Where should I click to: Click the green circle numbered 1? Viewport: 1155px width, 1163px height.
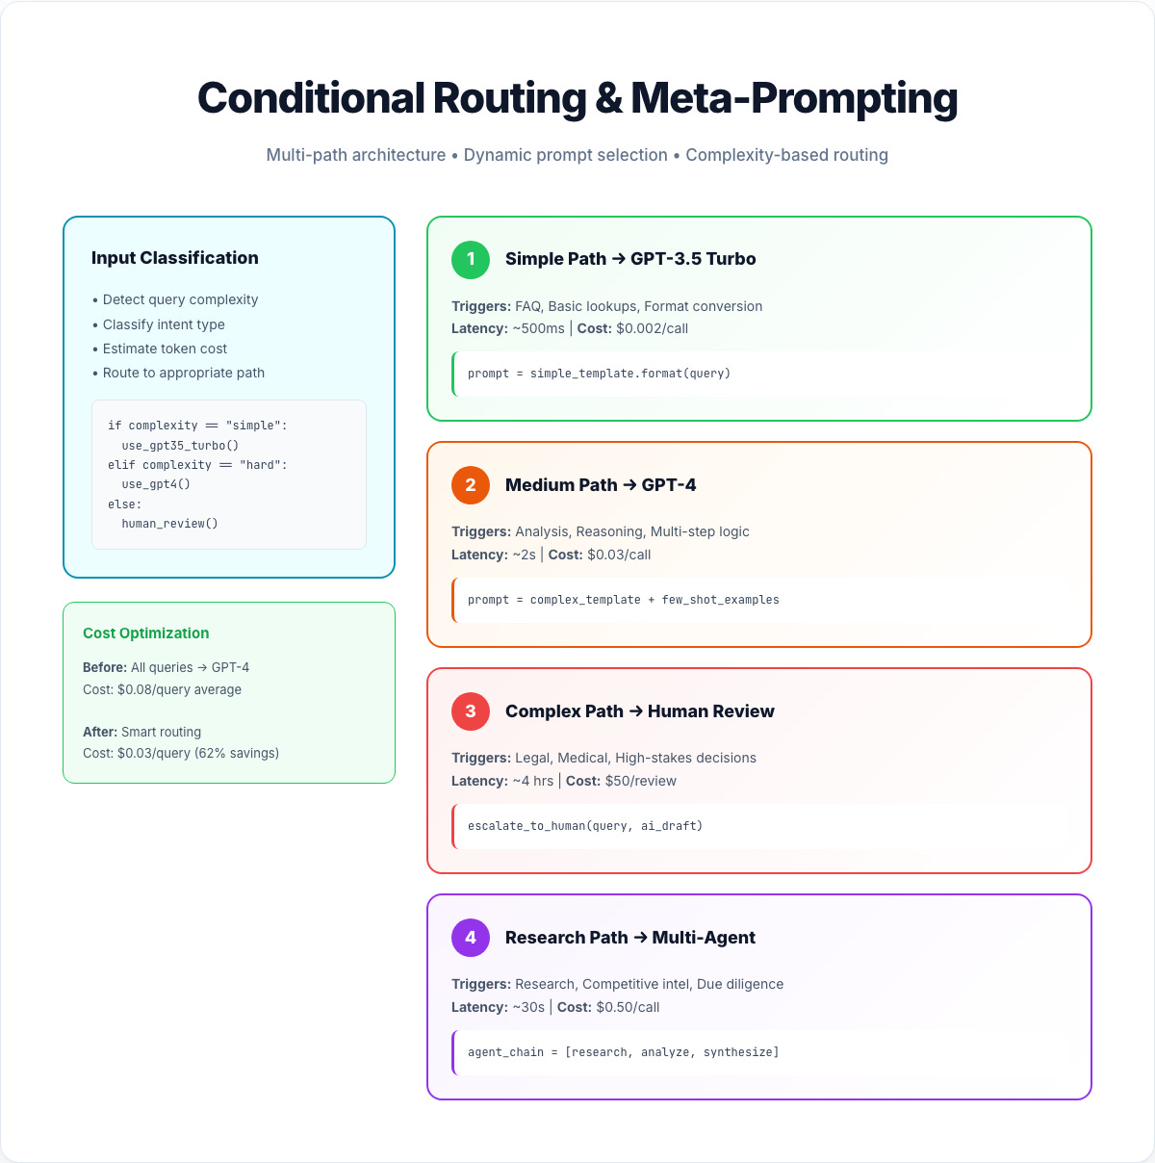471,259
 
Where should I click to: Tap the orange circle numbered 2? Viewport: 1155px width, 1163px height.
471,485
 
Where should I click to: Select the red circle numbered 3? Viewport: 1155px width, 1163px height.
471,711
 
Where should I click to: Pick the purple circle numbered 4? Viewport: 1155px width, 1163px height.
471,938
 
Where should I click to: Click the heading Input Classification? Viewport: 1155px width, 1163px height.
174,258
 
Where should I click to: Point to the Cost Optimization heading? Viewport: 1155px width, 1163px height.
145,633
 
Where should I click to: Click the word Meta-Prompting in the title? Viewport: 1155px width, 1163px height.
794,98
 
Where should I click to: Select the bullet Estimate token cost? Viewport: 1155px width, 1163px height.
165,349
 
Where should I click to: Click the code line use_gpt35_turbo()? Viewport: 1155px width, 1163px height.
180,446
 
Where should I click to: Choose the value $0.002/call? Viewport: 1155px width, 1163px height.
652,328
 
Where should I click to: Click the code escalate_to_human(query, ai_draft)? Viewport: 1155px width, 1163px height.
585,826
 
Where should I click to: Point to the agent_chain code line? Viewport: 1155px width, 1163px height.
623,1052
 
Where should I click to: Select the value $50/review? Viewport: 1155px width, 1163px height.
640,781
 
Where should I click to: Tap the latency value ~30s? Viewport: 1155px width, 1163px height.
528,1007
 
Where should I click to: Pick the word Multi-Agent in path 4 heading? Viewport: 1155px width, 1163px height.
704,938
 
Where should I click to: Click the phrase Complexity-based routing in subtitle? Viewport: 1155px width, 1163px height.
786,155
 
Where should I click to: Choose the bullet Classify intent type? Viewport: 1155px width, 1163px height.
164,324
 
